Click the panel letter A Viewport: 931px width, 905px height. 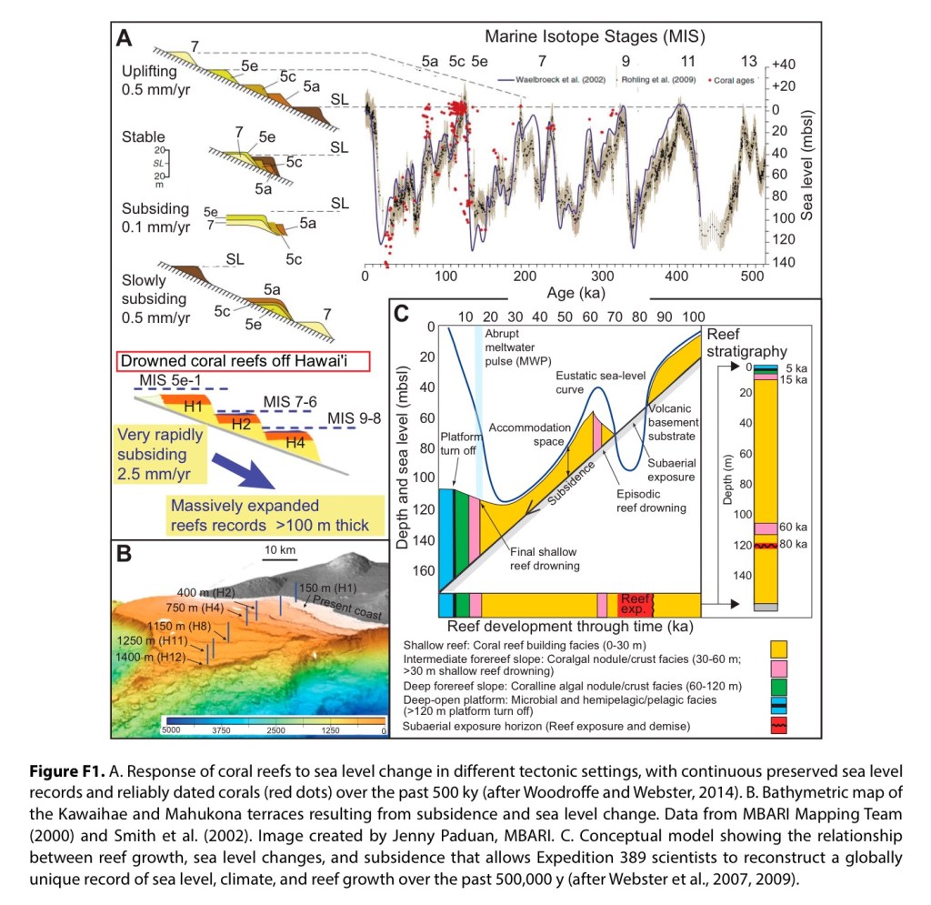coord(125,39)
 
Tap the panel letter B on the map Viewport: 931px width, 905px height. coord(125,552)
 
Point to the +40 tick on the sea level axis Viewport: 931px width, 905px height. coord(783,65)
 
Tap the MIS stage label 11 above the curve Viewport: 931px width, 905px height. coord(687,62)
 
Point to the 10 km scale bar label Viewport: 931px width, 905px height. coord(280,552)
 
